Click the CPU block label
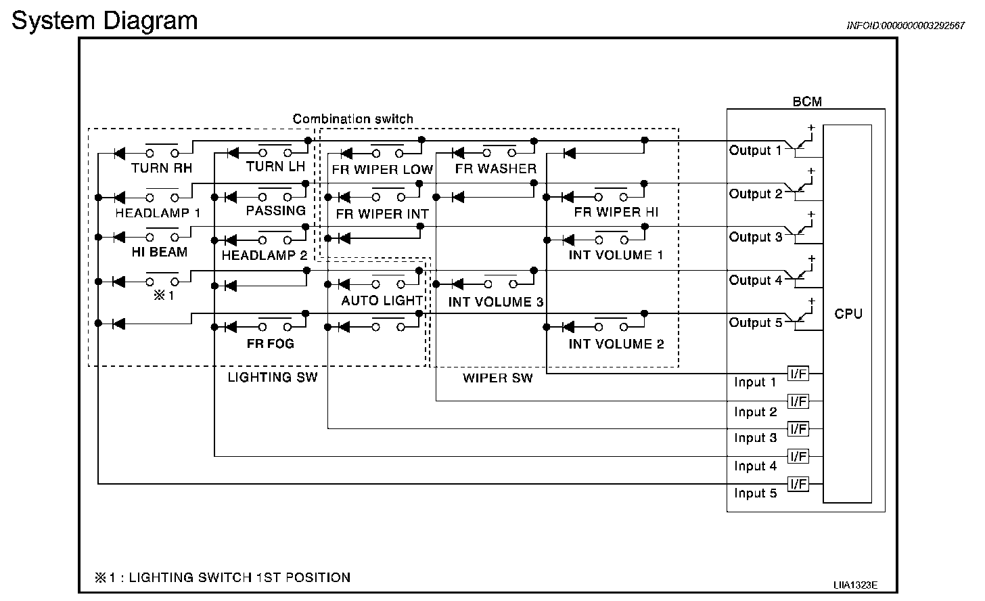click(x=848, y=314)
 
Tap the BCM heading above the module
click(x=807, y=102)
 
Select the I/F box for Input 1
click(x=798, y=374)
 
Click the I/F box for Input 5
click(x=798, y=484)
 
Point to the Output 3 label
click(x=756, y=237)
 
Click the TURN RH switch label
click(x=162, y=168)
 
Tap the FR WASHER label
click(x=496, y=169)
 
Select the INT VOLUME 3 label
click(x=496, y=302)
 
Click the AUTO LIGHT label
click(x=382, y=300)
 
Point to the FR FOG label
click(x=270, y=344)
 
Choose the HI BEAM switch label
click(x=159, y=252)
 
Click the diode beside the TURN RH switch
click(x=119, y=154)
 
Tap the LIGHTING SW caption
click(x=272, y=377)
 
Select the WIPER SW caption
click(x=497, y=378)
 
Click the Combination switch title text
click(x=352, y=119)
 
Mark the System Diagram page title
click(x=105, y=20)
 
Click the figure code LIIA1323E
click(x=855, y=585)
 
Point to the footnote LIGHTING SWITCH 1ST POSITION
click(x=239, y=577)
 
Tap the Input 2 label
click(x=756, y=411)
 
